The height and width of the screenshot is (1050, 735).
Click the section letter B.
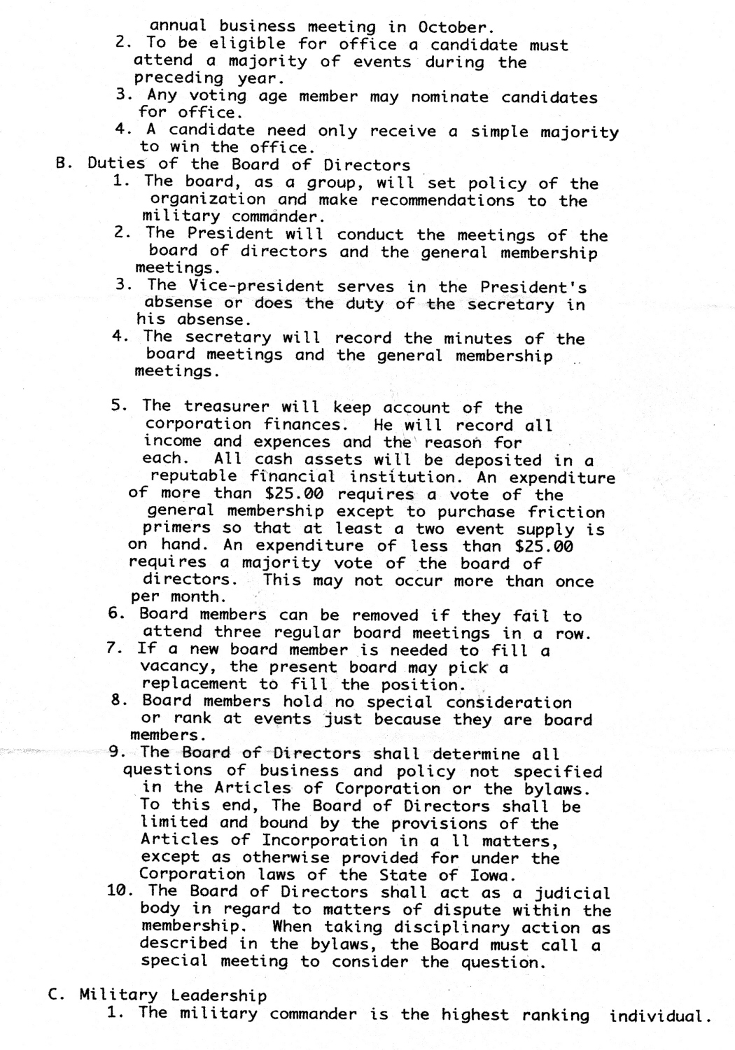click(x=61, y=165)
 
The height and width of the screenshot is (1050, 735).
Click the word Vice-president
click(x=255, y=286)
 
